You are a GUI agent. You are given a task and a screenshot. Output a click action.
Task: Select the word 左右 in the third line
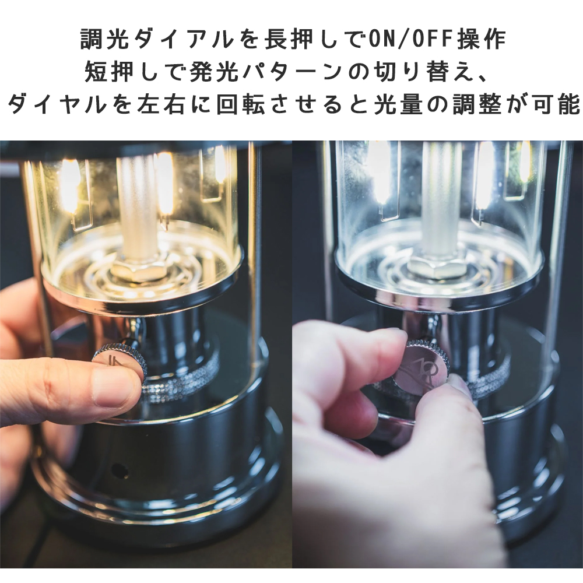point(161,104)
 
